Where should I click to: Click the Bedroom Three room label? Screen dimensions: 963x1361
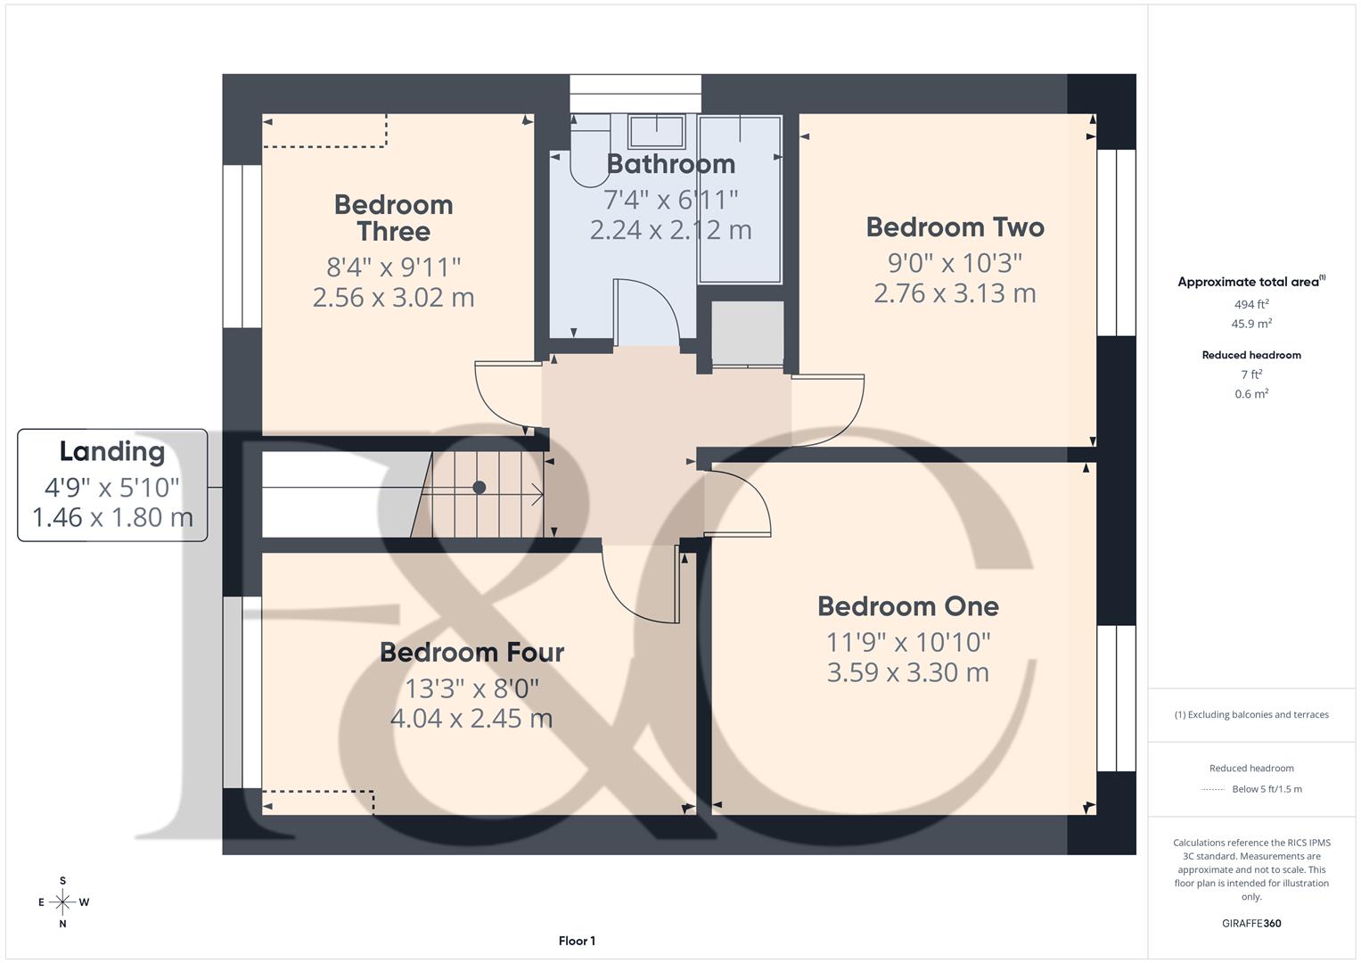click(x=394, y=218)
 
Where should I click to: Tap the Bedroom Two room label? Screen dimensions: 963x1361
click(x=955, y=227)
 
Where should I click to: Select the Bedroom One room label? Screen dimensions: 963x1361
click(x=907, y=606)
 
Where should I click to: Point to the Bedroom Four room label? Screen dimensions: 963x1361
click(x=471, y=652)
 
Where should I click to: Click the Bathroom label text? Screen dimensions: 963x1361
click(x=670, y=164)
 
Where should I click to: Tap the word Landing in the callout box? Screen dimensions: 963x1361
click(x=112, y=452)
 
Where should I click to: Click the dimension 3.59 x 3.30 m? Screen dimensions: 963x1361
click(x=907, y=672)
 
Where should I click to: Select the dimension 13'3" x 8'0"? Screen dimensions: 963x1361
click(x=471, y=688)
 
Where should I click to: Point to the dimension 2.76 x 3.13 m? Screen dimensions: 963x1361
click(x=955, y=293)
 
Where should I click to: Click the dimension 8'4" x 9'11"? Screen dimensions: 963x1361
click(x=394, y=267)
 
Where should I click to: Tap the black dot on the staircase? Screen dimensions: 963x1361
click(x=479, y=487)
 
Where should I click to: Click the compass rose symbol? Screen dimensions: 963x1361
click(x=62, y=902)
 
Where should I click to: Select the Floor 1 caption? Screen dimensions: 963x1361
click(x=577, y=941)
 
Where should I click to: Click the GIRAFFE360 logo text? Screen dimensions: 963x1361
click(x=1250, y=923)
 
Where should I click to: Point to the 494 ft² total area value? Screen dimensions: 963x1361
click(x=1251, y=304)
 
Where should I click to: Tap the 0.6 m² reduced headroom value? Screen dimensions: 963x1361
click(x=1251, y=394)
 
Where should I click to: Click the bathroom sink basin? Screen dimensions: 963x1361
click(x=657, y=131)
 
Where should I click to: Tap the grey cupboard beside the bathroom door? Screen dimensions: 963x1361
click(x=747, y=332)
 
